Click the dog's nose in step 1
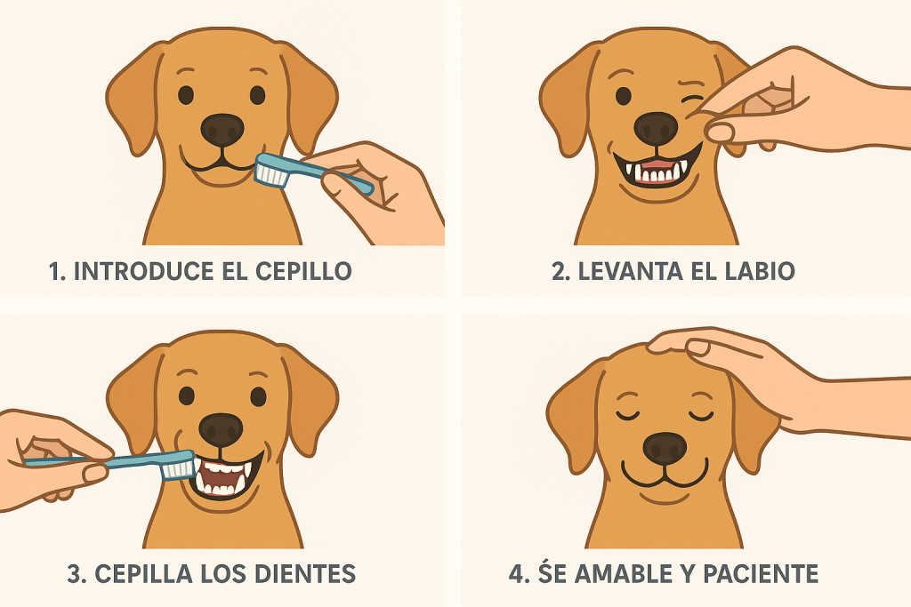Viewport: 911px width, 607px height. tap(222, 130)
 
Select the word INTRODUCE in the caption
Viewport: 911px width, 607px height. tap(144, 271)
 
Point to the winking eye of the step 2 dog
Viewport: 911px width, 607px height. tap(692, 98)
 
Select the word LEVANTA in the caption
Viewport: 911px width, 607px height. tap(630, 271)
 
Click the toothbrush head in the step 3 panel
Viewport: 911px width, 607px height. tap(177, 465)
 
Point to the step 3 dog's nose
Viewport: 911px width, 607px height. tap(221, 429)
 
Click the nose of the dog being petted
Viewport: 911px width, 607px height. tap(665, 448)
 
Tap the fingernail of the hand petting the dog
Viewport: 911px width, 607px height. tap(697, 347)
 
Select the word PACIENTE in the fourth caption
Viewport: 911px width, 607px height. tap(761, 574)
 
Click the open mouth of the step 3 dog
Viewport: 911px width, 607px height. tap(224, 478)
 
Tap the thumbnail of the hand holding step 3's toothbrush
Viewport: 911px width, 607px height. tap(94, 473)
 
